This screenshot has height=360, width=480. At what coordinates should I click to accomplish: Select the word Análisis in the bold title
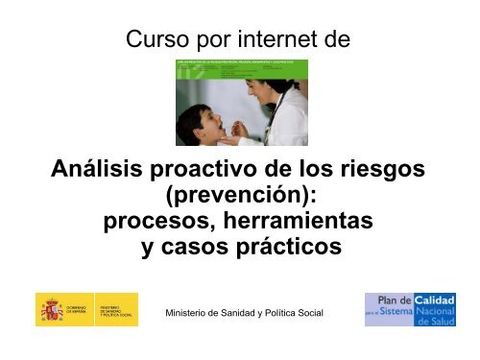102,172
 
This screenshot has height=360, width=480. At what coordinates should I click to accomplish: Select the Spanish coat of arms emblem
50,310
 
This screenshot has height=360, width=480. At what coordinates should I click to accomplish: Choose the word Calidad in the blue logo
434,300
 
